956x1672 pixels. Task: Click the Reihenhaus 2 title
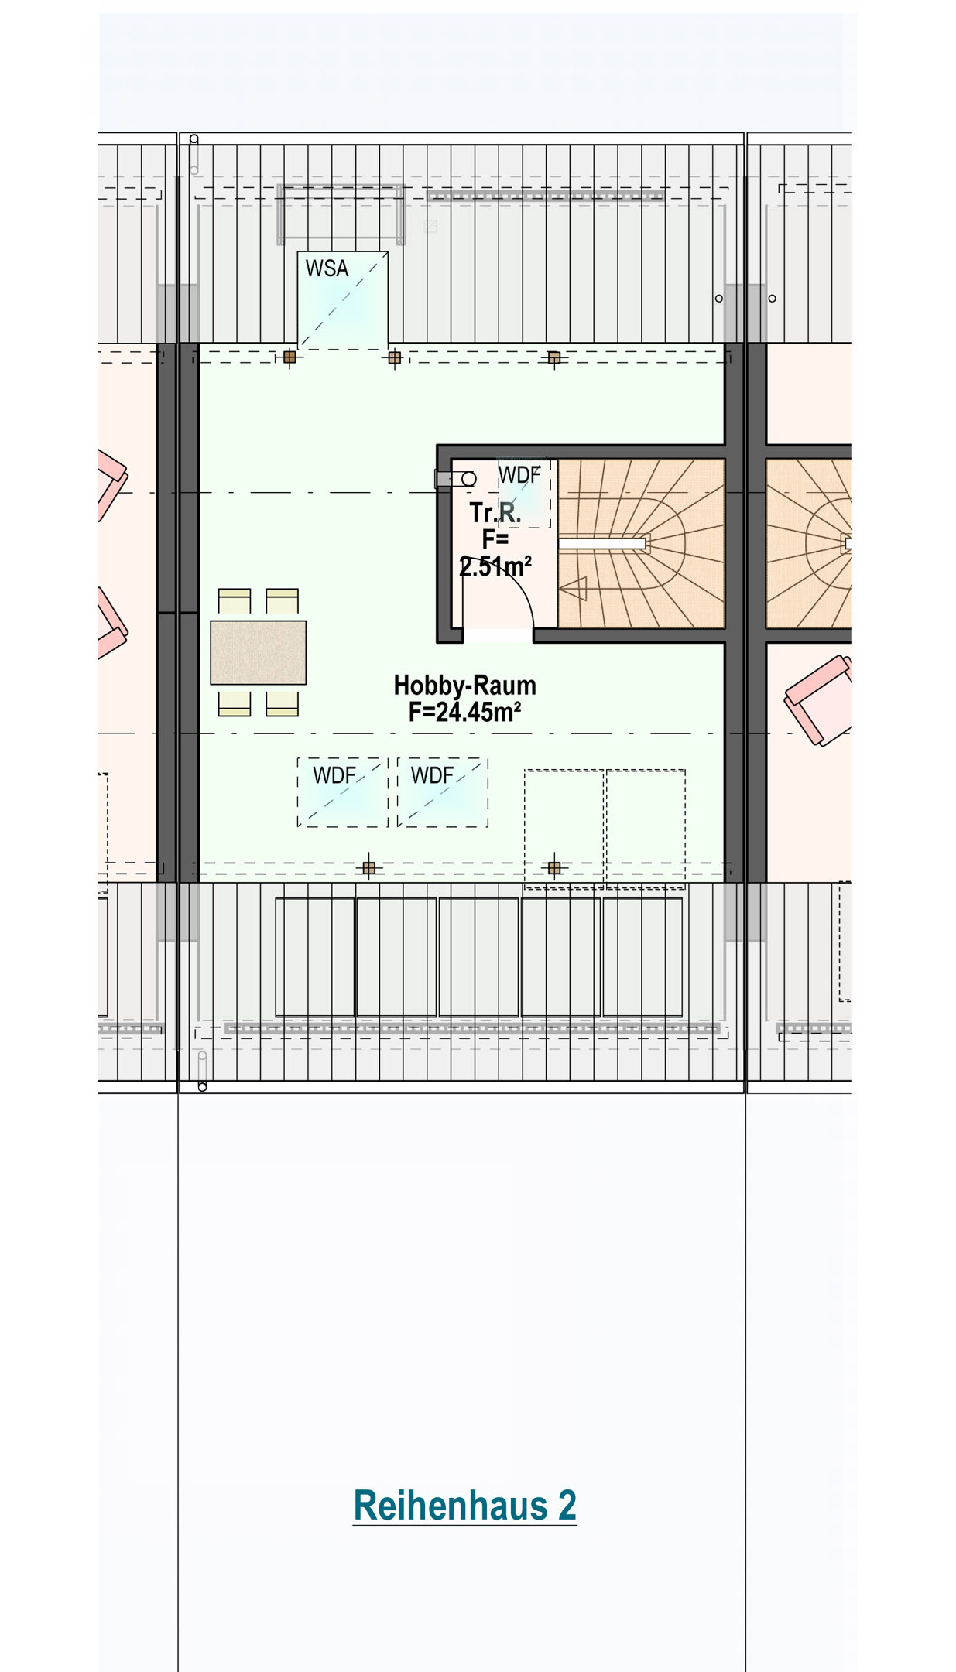(464, 1506)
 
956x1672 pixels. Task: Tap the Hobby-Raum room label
(464, 685)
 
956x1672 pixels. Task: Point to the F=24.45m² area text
(464, 712)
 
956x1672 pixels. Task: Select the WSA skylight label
(327, 268)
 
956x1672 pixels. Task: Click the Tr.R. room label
(495, 512)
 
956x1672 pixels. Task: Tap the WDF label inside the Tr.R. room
(519, 474)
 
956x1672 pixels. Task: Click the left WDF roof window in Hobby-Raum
(343, 792)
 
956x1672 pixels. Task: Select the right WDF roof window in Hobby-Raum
(443, 792)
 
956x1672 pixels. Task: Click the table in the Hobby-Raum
(259, 652)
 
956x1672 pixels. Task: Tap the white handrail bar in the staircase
(602, 544)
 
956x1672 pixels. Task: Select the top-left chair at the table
(235, 601)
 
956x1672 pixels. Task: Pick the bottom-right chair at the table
(283, 703)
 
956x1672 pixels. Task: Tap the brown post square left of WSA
(290, 357)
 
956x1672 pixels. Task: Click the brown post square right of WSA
(395, 357)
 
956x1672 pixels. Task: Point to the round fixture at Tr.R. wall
(468, 479)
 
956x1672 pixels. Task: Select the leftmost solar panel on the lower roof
(315, 957)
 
